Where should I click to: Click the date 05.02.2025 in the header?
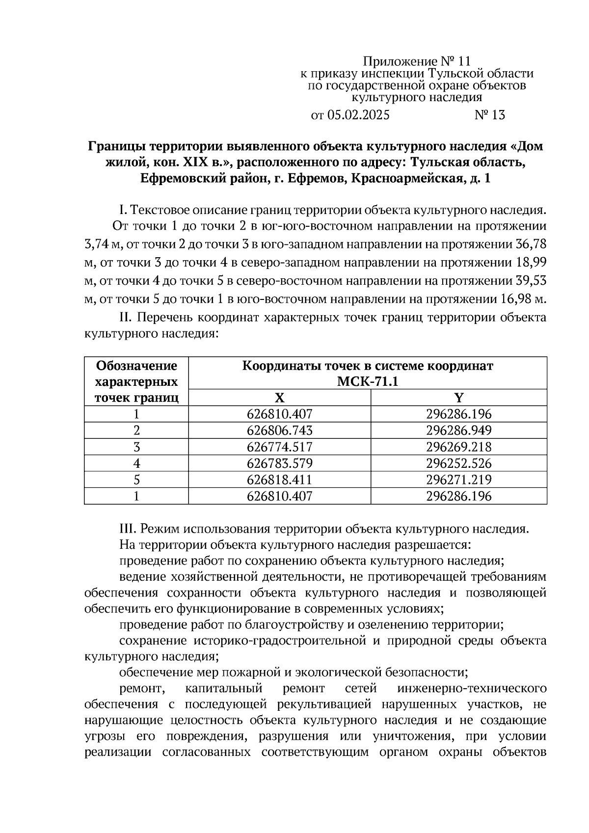tap(358, 115)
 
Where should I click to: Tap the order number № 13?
tap(489, 115)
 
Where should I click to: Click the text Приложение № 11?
tap(416, 61)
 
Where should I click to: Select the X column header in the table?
tap(279, 398)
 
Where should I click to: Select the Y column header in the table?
tap(458, 398)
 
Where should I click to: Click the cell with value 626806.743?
tap(279, 430)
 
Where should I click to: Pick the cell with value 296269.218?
tap(458, 447)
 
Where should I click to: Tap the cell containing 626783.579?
tap(279, 463)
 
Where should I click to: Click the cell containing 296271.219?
tap(458, 480)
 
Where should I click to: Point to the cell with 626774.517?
tap(279, 447)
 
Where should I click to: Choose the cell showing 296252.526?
tap(458, 463)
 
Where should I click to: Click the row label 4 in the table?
tap(136, 463)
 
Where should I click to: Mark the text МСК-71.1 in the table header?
tap(368, 381)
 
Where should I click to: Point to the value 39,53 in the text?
tap(531, 281)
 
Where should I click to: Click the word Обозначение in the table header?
tap(136, 366)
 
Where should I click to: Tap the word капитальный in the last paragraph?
tap(224, 689)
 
